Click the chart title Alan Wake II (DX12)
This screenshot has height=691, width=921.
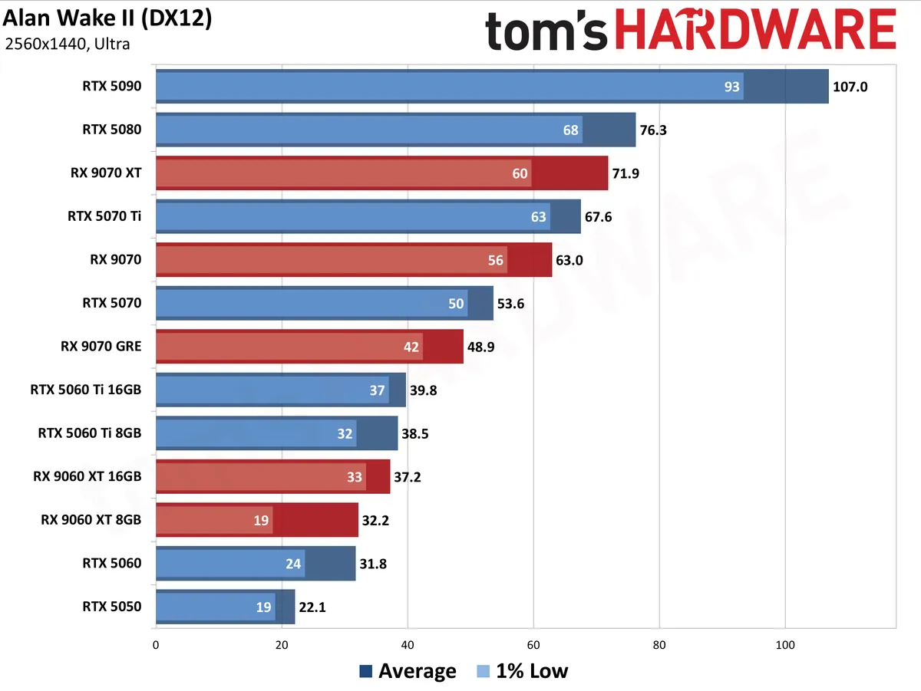(107, 19)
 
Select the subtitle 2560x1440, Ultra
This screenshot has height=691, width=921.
(68, 44)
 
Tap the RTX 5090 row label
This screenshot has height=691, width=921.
(111, 86)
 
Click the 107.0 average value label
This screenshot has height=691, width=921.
(850, 87)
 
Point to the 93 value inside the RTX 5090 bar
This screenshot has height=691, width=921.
(731, 87)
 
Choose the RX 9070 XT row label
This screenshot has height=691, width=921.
(106, 173)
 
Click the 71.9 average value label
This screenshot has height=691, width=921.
(626, 173)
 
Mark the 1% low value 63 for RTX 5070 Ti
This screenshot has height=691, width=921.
(538, 217)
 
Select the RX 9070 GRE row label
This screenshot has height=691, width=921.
(101, 347)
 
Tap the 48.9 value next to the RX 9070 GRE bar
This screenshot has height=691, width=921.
(481, 347)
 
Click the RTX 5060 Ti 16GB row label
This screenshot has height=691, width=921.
(86, 390)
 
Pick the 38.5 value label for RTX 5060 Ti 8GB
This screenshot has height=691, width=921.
(415, 433)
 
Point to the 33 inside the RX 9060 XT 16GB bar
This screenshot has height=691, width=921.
(354, 477)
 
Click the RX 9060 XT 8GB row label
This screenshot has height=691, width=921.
(91, 520)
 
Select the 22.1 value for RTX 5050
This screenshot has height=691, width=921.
(312, 607)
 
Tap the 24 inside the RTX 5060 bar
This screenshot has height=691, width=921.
(293, 564)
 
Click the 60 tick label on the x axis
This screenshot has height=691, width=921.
(533, 645)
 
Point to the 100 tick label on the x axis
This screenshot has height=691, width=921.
(785, 645)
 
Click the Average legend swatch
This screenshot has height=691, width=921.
(366, 671)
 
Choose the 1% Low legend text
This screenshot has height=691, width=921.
(532, 671)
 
